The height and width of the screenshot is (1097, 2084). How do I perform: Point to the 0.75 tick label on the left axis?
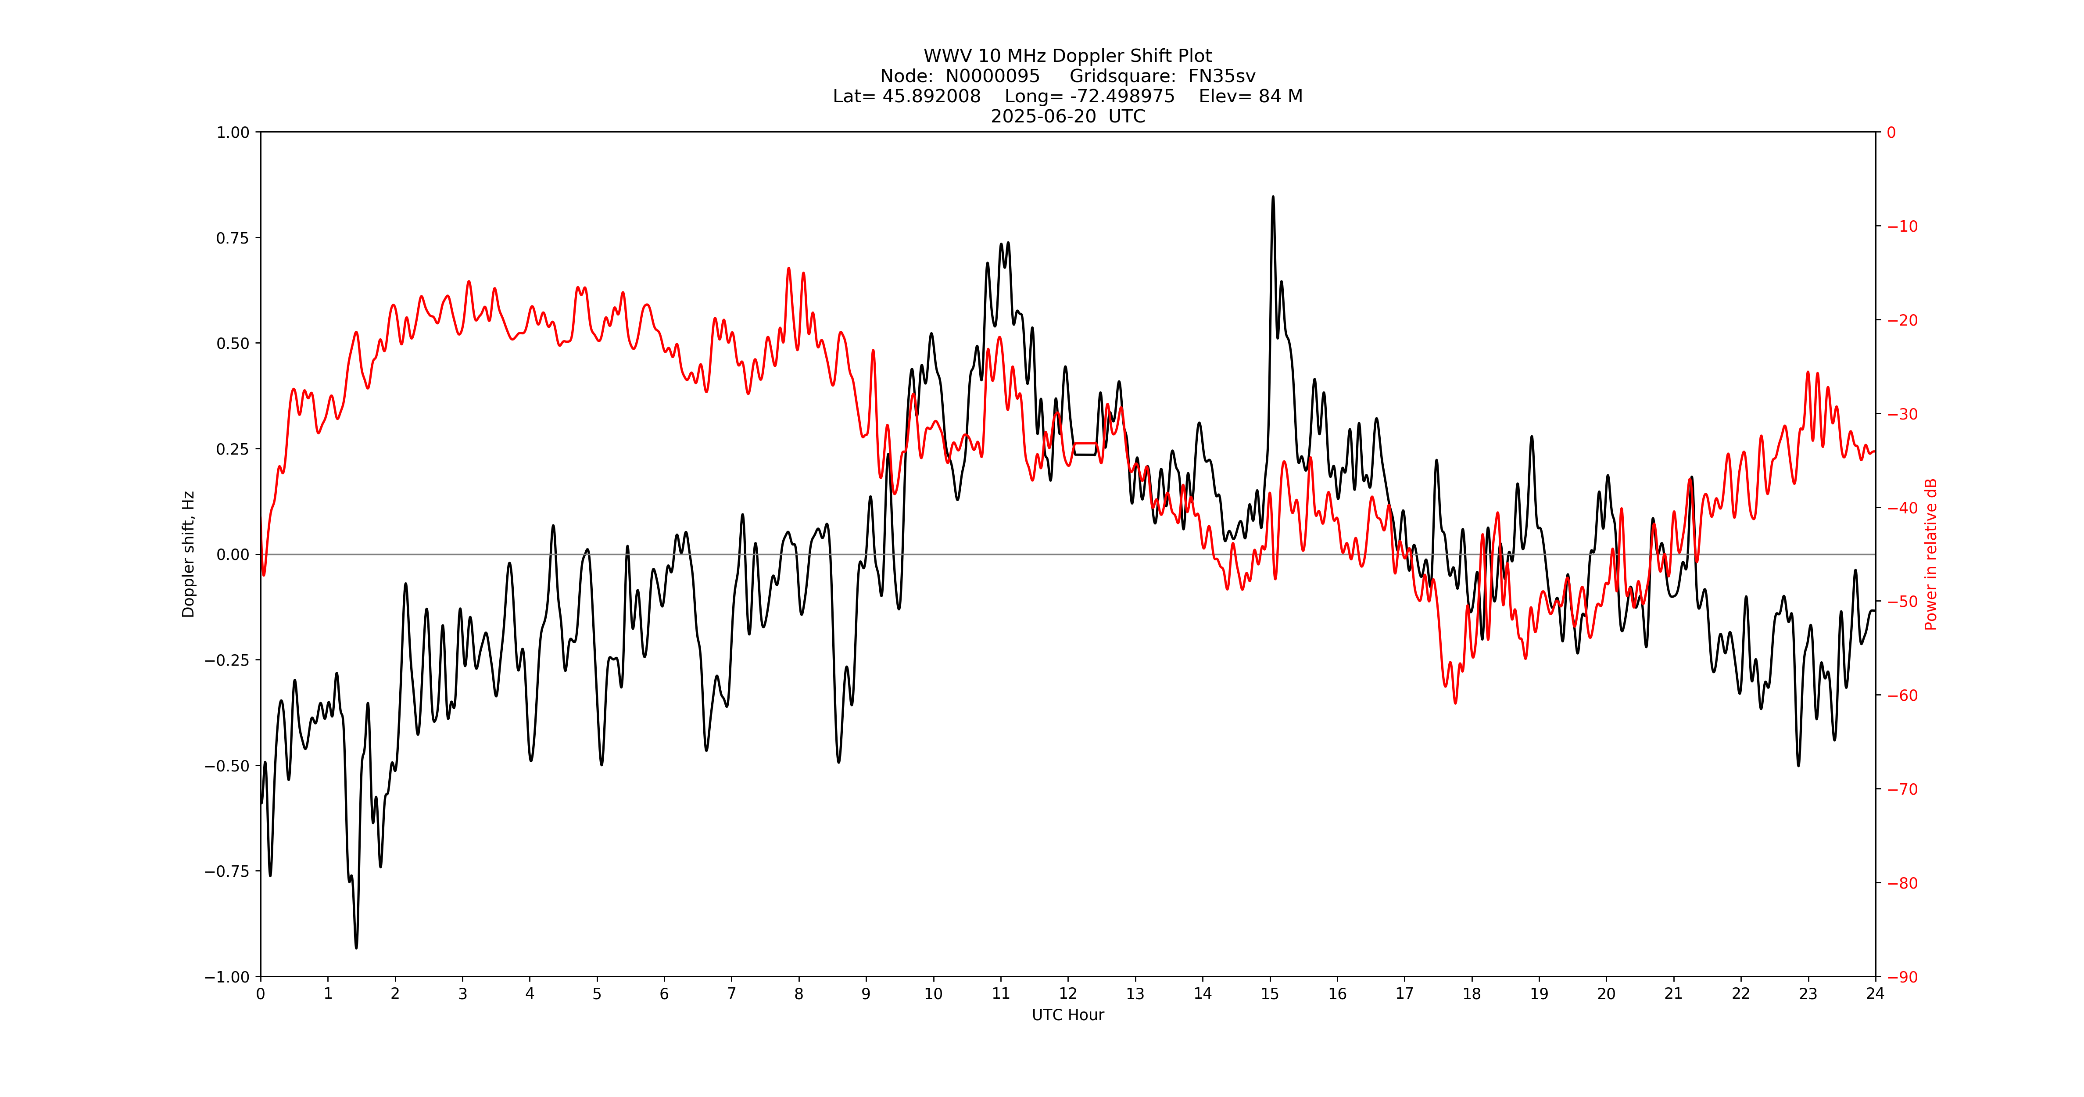click(232, 238)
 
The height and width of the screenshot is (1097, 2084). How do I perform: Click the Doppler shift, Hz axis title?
click(189, 554)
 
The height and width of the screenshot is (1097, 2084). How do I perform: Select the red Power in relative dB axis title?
click(1931, 554)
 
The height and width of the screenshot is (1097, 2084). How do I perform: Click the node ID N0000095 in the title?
click(993, 76)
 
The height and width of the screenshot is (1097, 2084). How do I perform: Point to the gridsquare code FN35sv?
click(1221, 76)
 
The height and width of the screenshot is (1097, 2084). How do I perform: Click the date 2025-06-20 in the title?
click(1044, 116)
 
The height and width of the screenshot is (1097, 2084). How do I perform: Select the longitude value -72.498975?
click(1122, 96)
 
